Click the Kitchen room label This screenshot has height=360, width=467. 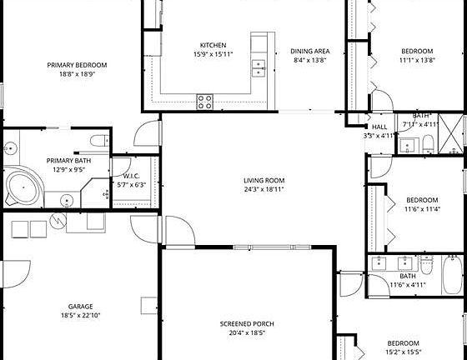[213, 45]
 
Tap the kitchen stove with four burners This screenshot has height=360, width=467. [204, 101]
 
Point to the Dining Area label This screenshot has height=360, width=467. [309, 52]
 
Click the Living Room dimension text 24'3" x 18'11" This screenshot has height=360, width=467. [264, 190]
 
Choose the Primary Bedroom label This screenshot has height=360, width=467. [77, 65]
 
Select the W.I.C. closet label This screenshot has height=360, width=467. [131, 176]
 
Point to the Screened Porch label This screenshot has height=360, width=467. [247, 323]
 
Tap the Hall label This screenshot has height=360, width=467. [379, 127]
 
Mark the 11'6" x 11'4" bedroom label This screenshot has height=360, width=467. [422, 200]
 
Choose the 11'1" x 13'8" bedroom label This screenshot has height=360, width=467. [417, 51]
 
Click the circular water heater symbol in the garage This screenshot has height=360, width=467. [58, 222]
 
